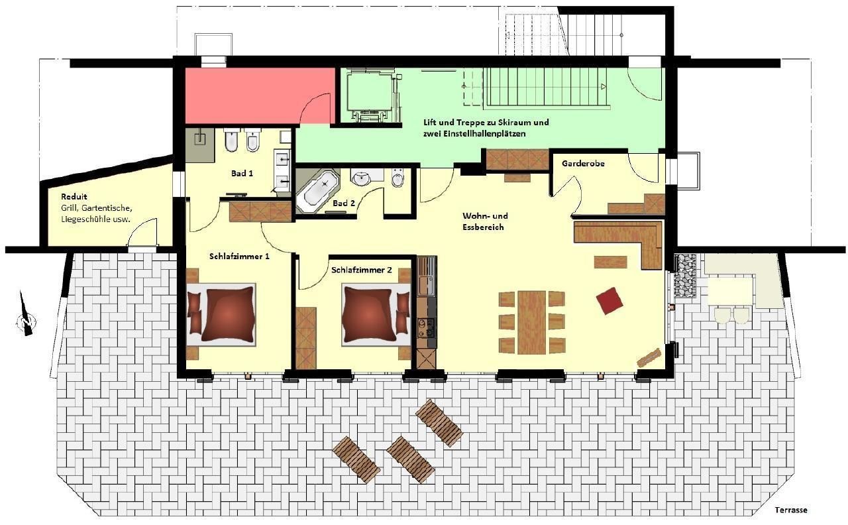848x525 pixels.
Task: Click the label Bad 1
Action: pyautogui.click(x=242, y=174)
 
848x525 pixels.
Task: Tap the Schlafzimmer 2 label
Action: pyautogui.click(x=362, y=270)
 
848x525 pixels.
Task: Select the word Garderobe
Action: pyautogui.click(x=583, y=164)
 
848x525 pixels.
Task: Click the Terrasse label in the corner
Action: pyautogui.click(x=791, y=510)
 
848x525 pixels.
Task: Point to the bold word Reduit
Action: pyautogui.click(x=74, y=197)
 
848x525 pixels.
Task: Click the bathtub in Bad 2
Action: pyautogui.click(x=318, y=192)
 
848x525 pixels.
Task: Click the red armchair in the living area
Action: pyautogui.click(x=609, y=301)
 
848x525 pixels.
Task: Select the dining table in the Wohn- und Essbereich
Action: pyautogui.click(x=531, y=322)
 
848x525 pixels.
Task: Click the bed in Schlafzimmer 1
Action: pyautogui.click(x=222, y=314)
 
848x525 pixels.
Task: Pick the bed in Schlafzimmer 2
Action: pyautogui.click(x=376, y=315)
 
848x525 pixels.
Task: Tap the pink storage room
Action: pyautogui.click(x=260, y=96)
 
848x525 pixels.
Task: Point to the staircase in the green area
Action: pyautogui.click(x=547, y=87)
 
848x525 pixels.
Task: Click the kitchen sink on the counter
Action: pyautogui.click(x=427, y=283)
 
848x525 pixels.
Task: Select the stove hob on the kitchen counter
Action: pyautogui.click(x=427, y=328)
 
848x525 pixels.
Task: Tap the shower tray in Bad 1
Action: pyautogui.click(x=199, y=145)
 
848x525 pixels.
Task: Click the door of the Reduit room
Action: pyautogui.click(x=142, y=233)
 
